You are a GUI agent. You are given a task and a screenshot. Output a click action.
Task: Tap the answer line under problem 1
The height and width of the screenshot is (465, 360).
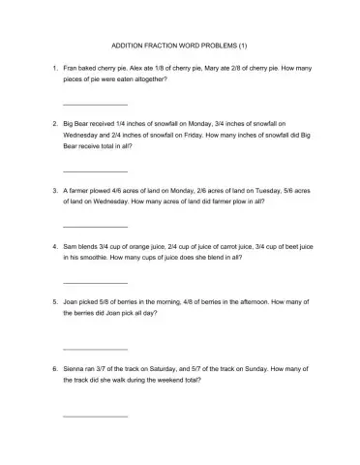coord(95,104)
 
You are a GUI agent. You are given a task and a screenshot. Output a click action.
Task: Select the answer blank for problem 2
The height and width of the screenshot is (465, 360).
coord(95,171)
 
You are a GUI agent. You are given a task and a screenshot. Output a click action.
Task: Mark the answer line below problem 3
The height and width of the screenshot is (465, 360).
coord(95,227)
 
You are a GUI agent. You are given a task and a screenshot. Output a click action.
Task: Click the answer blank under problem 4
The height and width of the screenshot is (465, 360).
coord(95,283)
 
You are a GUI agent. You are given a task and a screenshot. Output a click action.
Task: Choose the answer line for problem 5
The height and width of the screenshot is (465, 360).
coord(95,349)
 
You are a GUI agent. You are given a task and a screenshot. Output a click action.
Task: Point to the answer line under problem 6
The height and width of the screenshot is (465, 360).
coord(95,416)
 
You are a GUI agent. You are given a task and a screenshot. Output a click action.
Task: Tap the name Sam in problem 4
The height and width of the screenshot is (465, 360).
coord(71,247)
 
